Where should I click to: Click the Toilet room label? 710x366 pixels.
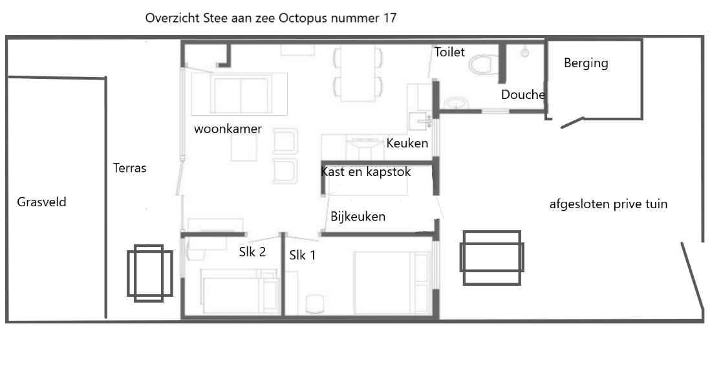point(449,52)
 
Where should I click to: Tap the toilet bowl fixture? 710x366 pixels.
point(484,64)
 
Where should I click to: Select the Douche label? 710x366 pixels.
point(523,94)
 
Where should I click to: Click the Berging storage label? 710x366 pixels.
point(586,63)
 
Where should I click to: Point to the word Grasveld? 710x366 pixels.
point(41,202)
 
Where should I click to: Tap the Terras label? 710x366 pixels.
point(129,168)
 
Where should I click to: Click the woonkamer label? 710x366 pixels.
point(228,129)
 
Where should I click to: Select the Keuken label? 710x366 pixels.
point(407,143)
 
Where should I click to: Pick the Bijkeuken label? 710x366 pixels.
point(358,217)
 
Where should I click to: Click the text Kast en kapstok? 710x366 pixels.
point(366,171)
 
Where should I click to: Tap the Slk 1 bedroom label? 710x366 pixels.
point(303,255)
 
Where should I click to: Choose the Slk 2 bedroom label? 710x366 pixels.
point(252,252)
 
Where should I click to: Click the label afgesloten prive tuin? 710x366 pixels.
point(608,204)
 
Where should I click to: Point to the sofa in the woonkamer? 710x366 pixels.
point(241,94)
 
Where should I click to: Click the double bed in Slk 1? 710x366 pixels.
point(392,283)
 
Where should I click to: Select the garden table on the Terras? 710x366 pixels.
point(149,273)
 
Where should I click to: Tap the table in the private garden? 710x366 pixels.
point(491,258)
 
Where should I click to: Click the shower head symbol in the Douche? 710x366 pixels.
point(525,53)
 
